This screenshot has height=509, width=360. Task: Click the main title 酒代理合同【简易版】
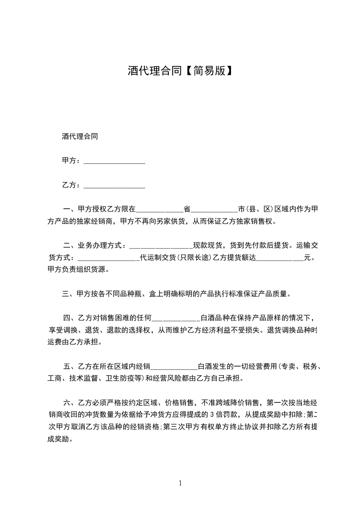click(x=180, y=71)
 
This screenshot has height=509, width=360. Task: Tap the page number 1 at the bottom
click(x=180, y=484)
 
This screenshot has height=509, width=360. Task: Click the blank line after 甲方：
click(x=114, y=162)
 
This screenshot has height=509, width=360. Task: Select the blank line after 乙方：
click(x=114, y=186)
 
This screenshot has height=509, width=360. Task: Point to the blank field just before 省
click(x=159, y=210)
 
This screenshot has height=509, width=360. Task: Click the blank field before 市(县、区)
click(x=214, y=210)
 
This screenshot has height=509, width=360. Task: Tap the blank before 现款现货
click(x=161, y=246)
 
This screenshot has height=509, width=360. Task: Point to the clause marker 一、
click(x=70, y=210)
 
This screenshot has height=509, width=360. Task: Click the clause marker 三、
click(x=69, y=294)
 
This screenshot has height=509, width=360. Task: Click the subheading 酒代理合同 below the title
click(x=80, y=136)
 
